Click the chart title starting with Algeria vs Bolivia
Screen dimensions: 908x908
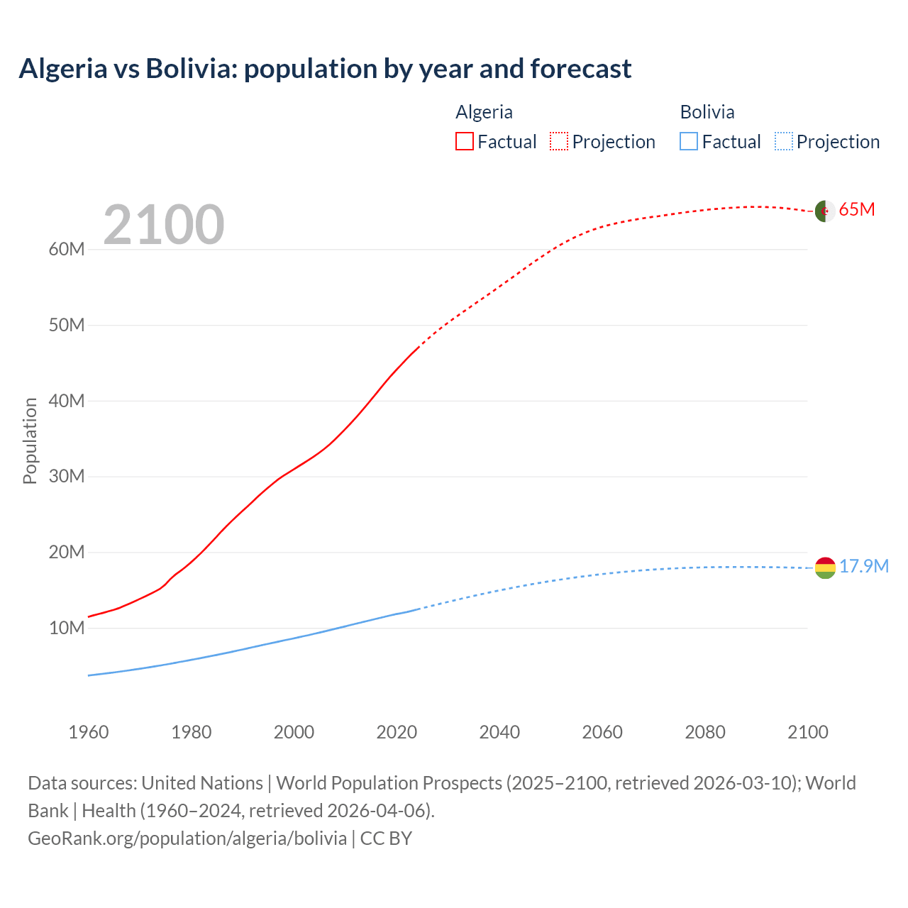tap(325, 69)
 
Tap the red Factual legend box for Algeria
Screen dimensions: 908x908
tap(465, 141)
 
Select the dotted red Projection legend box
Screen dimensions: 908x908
tap(559, 141)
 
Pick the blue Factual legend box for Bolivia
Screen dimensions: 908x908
tap(689, 141)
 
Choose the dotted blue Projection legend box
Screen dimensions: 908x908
tap(784, 141)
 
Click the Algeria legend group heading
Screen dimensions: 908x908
tap(484, 112)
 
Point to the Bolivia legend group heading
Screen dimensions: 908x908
tap(707, 112)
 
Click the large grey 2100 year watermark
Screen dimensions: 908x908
tap(164, 225)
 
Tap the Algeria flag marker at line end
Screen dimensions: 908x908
tap(824, 211)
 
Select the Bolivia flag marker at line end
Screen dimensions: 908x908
tap(825, 567)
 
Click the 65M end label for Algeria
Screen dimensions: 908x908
tap(857, 210)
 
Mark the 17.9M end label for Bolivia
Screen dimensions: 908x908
tap(864, 566)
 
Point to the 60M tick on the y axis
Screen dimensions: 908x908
tap(67, 249)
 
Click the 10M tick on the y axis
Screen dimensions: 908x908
tap(67, 628)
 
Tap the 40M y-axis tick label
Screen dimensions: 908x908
tap(67, 401)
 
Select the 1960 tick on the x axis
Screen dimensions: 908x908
tap(89, 732)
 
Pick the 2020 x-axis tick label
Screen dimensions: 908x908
tap(397, 732)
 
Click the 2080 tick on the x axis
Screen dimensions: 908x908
tap(705, 732)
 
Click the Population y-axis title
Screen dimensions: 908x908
tap(30, 441)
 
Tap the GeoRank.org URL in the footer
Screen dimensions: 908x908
tap(187, 838)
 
